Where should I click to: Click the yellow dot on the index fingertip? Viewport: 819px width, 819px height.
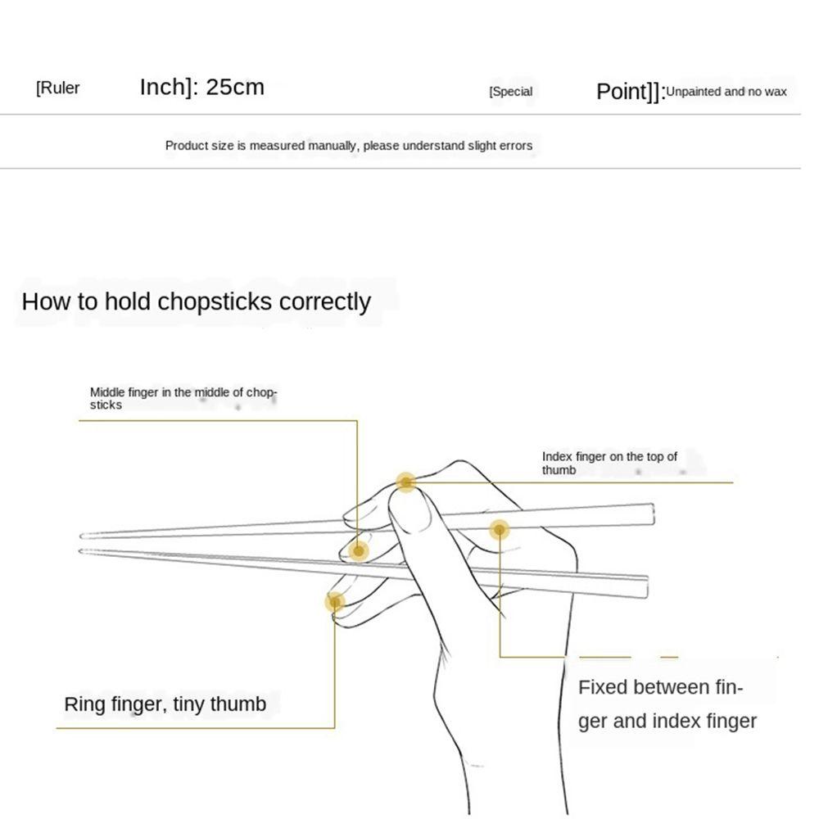(405, 482)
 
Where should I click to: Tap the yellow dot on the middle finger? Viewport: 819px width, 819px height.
(357, 550)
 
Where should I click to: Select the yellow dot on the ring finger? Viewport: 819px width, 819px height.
(333, 602)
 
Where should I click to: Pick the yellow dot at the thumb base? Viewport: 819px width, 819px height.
(499, 530)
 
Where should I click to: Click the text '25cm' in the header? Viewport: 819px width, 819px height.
(235, 87)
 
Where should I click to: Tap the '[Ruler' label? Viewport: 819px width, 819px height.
(58, 88)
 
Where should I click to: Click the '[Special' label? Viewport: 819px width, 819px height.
(510, 92)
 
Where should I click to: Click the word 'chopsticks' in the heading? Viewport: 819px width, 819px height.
(215, 301)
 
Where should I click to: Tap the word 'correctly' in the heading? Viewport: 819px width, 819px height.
(325, 301)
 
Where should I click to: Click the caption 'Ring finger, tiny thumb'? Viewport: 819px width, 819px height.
(165, 704)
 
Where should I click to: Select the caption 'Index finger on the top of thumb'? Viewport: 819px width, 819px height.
(609, 463)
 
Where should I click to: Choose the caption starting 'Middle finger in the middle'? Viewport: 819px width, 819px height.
(183, 398)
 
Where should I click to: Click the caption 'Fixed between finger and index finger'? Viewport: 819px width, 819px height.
(667, 704)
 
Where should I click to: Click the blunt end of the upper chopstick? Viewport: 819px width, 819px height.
(651, 514)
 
